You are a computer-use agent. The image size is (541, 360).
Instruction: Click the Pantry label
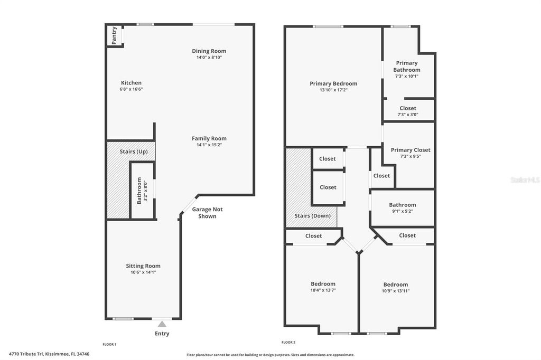pos(114,35)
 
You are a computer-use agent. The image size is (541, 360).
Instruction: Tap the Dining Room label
pos(209,51)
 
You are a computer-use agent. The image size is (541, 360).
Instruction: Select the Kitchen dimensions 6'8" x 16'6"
pos(131,89)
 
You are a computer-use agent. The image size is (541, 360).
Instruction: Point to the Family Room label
pos(209,138)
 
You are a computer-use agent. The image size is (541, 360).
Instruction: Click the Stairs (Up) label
pos(134,151)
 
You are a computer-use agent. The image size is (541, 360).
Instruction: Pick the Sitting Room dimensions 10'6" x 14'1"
pos(143,272)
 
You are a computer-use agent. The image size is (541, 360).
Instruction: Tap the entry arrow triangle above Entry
pos(162,324)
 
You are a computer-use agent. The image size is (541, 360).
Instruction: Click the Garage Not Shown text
pos(207,213)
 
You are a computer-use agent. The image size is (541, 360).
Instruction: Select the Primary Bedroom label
pos(333,83)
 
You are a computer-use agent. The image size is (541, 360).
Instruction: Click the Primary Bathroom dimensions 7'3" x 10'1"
pos(407,76)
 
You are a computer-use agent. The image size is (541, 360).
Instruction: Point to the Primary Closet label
pos(411,150)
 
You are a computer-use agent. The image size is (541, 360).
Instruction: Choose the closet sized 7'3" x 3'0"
pos(408,111)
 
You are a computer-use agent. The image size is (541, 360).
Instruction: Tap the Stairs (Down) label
pos(313,215)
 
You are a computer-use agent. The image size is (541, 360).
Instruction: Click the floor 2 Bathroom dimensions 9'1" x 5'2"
pos(403,211)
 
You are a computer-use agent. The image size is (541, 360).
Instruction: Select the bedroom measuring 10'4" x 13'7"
pos(323,287)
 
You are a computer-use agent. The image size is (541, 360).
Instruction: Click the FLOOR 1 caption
pos(109,344)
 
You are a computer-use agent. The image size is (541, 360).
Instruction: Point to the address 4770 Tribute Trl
pos(49,354)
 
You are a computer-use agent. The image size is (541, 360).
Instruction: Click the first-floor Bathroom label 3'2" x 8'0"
pos(140,190)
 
